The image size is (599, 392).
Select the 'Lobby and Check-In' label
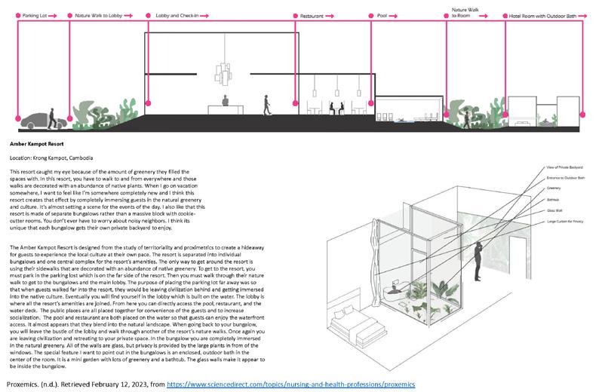click(174, 15)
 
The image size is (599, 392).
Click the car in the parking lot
click(32, 118)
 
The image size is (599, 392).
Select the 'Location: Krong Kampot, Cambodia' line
click(52, 158)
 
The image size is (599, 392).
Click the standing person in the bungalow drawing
click(477, 260)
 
